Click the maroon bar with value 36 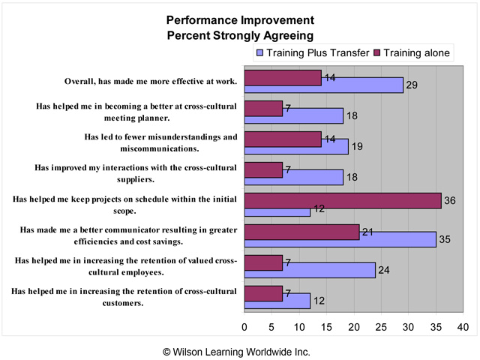(343, 201)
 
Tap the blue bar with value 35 (340, 239)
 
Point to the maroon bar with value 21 (302, 232)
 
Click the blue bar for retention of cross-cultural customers (277, 301)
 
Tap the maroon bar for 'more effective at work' (283, 77)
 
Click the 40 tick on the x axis (463, 327)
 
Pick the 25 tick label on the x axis (381, 327)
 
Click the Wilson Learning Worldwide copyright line (240, 351)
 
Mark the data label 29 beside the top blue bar (411, 85)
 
